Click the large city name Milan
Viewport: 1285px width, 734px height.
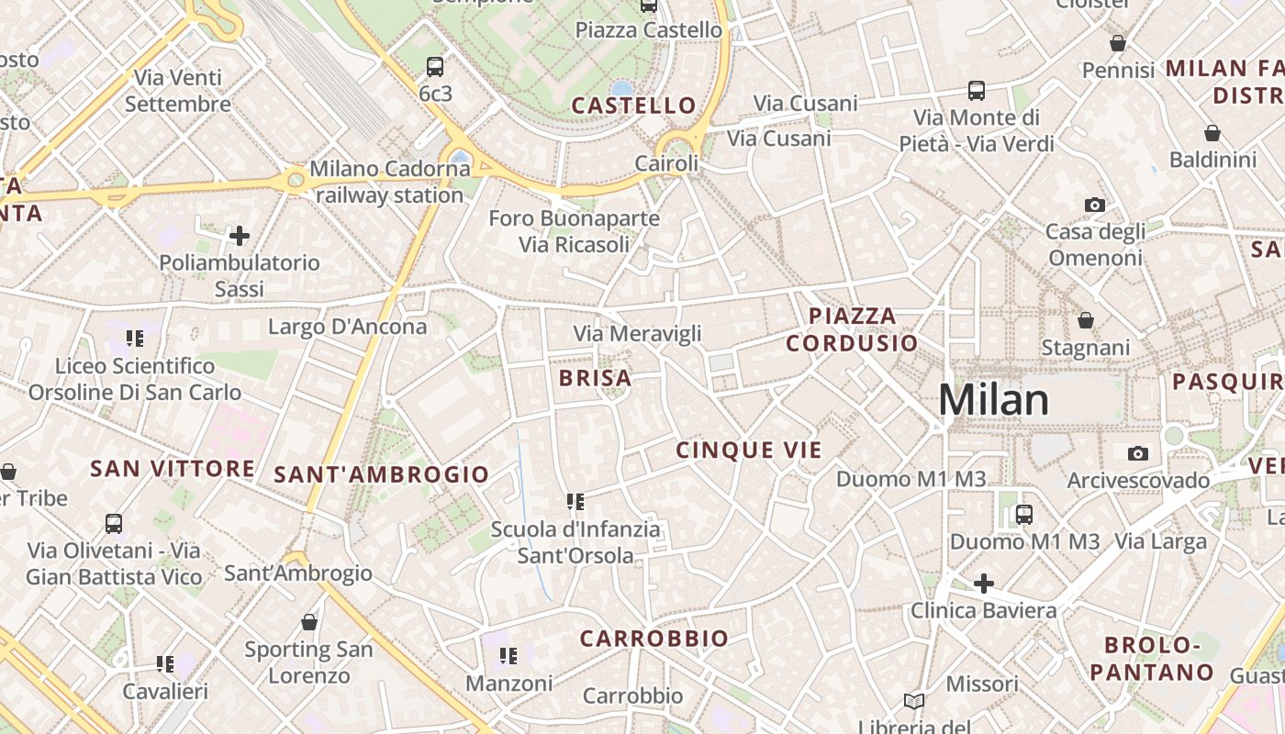(x=993, y=401)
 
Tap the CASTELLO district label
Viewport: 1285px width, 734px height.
(x=633, y=106)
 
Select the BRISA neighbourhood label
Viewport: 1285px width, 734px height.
(x=595, y=378)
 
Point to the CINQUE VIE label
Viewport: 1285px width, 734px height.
(x=749, y=450)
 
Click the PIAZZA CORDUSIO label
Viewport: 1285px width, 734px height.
(x=852, y=329)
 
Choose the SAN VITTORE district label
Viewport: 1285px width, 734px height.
(x=173, y=469)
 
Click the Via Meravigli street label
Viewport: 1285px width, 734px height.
(x=637, y=334)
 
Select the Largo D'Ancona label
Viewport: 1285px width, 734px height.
(x=347, y=327)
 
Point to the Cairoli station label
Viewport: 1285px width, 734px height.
(x=666, y=163)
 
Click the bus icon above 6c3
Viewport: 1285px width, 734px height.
(x=435, y=66)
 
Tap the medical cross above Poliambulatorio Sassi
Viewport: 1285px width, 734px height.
(x=240, y=236)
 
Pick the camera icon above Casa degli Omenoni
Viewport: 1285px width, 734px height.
(x=1094, y=205)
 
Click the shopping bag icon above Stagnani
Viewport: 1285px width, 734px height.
(x=1086, y=320)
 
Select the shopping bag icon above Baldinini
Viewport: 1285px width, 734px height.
(x=1212, y=133)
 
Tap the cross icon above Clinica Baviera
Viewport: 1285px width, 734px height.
(x=983, y=583)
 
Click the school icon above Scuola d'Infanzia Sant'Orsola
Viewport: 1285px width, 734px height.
(x=575, y=502)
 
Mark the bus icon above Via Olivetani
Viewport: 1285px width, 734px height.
(x=114, y=523)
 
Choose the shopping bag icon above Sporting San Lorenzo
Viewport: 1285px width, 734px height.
(x=309, y=622)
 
